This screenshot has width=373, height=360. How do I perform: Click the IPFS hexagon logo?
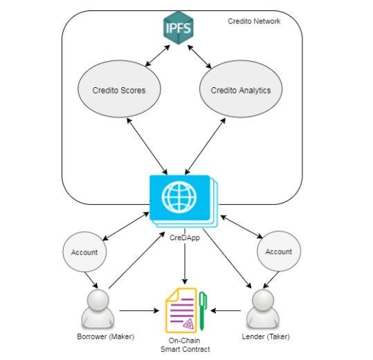click(x=179, y=28)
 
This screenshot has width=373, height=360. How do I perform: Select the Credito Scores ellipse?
click(x=119, y=89)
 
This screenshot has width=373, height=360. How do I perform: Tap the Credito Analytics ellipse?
click(x=241, y=89)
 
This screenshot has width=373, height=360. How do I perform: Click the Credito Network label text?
click(x=254, y=21)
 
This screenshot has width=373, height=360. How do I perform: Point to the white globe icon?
click(x=179, y=197)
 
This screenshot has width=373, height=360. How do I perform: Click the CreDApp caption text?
click(x=185, y=237)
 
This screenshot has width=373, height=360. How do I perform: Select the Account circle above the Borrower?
click(x=84, y=252)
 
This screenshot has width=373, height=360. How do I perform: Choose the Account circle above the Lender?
click(x=279, y=251)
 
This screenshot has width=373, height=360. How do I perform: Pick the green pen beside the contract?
click(x=203, y=311)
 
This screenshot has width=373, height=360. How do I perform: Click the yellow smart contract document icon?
click(x=181, y=310)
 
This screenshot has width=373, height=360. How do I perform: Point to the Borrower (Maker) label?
click(x=106, y=336)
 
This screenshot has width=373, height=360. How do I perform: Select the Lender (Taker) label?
click(x=266, y=336)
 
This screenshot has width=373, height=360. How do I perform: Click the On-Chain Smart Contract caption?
click(x=185, y=345)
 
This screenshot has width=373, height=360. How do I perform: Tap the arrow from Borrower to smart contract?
click(x=139, y=311)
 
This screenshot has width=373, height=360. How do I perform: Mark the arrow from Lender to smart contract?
click(x=226, y=311)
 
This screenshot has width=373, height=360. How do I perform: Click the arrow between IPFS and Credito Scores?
click(x=158, y=55)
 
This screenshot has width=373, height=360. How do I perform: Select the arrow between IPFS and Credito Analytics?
click(x=199, y=57)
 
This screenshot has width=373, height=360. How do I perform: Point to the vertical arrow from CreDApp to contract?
click(x=185, y=256)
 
